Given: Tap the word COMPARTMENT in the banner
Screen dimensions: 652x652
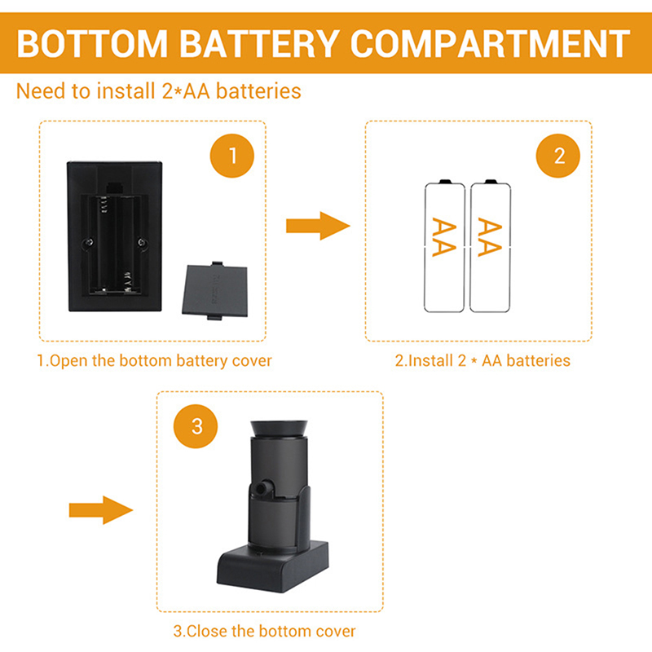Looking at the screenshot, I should pyautogui.click(x=486, y=43).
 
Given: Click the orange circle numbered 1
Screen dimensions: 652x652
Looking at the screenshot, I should pyautogui.click(x=233, y=155).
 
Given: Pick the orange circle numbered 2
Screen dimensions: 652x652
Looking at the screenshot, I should pyautogui.click(x=558, y=155).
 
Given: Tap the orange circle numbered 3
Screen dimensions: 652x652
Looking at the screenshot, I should pyautogui.click(x=196, y=425).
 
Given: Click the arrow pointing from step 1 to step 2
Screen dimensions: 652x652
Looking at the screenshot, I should pyautogui.click(x=317, y=225).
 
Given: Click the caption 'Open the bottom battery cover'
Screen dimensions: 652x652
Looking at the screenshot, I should pyautogui.click(x=154, y=360).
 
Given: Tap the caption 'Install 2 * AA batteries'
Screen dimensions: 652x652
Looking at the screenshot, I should pyautogui.click(x=482, y=360).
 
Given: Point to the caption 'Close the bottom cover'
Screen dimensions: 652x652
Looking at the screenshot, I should pyautogui.click(x=264, y=631).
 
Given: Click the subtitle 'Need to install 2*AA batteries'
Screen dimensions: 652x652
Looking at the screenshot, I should pyautogui.click(x=159, y=90).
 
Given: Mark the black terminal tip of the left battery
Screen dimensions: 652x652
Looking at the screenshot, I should pyautogui.click(x=444, y=181).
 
